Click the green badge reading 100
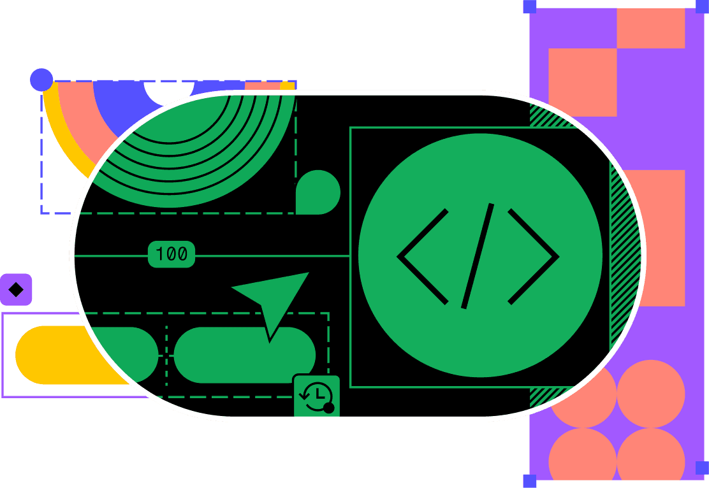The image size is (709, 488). pos(171,254)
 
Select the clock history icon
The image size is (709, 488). pos(316,396)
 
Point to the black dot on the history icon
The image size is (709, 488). pos(329,408)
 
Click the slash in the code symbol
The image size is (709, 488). pos(478,256)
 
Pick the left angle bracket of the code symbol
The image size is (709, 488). pos(421,256)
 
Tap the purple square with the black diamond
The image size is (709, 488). pos(15,290)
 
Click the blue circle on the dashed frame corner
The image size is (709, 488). pos(41,80)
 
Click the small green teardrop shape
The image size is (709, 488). pos(318,192)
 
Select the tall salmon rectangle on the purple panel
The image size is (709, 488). pos(657,236)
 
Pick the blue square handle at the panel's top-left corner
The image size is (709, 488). pos(529,6)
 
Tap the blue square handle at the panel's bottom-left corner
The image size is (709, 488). pos(529,481)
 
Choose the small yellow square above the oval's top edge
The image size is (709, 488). pos(288,86)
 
